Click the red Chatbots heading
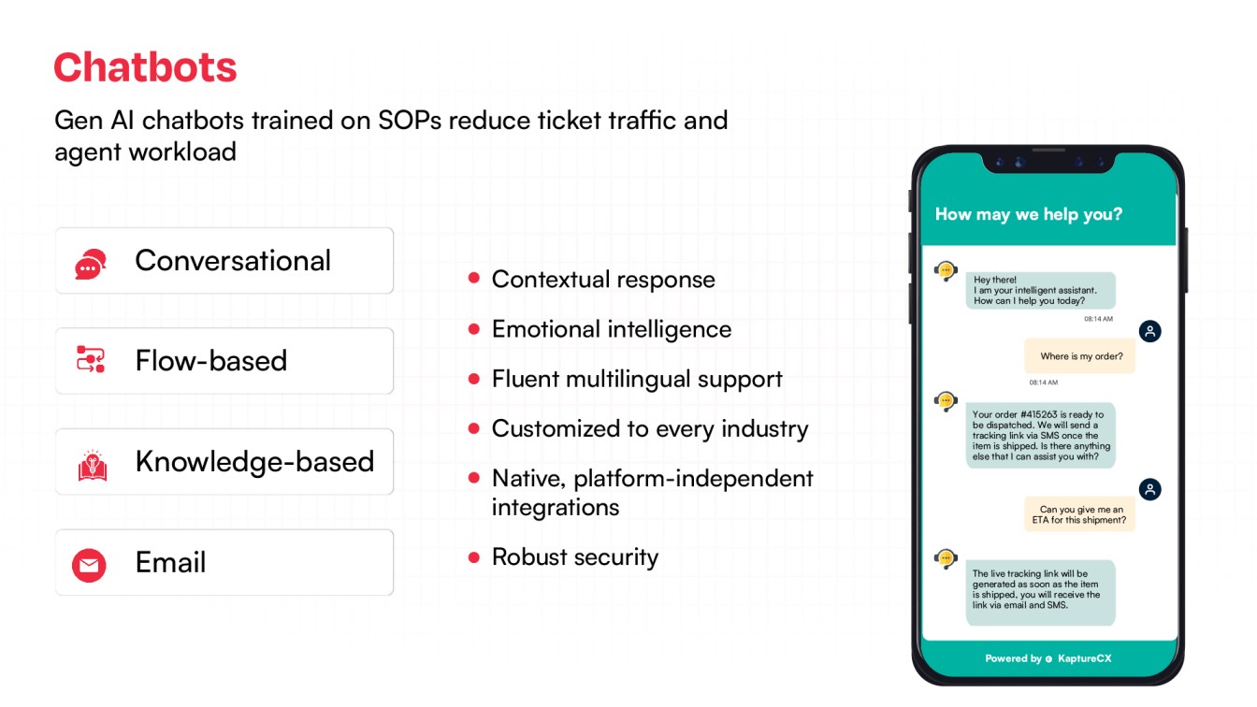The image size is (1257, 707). [x=145, y=68]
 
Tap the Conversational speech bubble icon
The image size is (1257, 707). [x=91, y=264]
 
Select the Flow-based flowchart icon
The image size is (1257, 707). [x=91, y=360]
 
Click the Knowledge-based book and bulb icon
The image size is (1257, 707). [x=92, y=463]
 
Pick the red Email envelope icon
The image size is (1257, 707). [x=90, y=564]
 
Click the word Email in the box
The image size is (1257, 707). [x=170, y=562]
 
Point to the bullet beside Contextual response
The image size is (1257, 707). [x=474, y=278]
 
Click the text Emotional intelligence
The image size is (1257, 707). [x=612, y=329]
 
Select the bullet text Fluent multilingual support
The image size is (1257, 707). [x=637, y=379]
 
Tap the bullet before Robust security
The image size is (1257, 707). [x=474, y=557]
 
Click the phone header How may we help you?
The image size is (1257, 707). [x=1028, y=214]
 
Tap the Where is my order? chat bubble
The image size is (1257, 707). [x=1080, y=356]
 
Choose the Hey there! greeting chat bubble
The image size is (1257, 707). [x=1041, y=291]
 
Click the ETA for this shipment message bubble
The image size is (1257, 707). [x=1080, y=514]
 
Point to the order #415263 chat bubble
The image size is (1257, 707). [x=1041, y=435]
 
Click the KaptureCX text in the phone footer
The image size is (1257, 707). [x=1084, y=658]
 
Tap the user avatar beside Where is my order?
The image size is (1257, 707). [x=1149, y=331]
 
